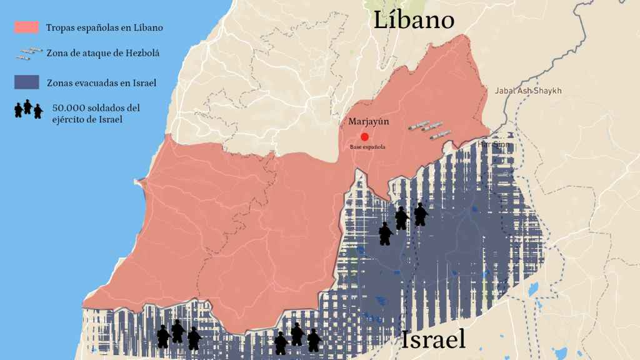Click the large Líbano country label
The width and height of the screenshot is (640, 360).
tap(414, 20)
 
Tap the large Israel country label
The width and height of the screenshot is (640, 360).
tap(433, 339)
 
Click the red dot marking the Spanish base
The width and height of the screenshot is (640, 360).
tap(364, 137)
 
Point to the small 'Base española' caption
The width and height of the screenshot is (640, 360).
tap(367, 147)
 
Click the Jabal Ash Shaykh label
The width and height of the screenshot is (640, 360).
tap(528, 91)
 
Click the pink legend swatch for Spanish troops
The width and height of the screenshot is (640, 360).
tap(27, 27)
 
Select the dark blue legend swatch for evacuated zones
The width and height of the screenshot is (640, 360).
tap(27, 82)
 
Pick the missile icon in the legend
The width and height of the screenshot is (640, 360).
tap(27, 54)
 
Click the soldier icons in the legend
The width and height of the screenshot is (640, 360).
tap(29, 109)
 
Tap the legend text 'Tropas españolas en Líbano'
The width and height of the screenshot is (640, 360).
tap(104, 28)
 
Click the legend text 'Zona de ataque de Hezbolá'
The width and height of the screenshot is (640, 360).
tap(102, 54)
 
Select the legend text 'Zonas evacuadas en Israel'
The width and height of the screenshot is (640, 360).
tap(101, 82)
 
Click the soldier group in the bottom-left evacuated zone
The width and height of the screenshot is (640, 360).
tap(178, 335)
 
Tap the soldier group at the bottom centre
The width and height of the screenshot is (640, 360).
tap(297, 338)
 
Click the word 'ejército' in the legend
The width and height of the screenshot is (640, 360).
tap(71, 119)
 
